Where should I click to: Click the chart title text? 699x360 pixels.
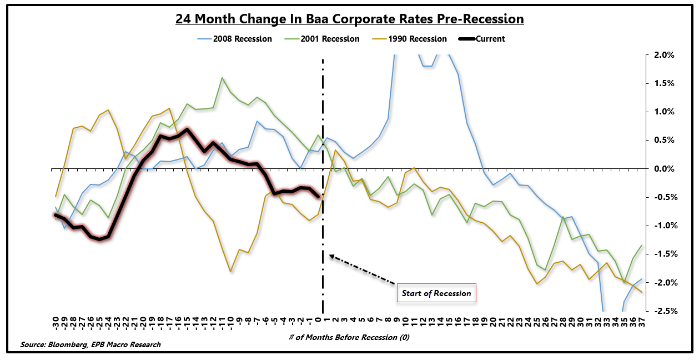pos(350,19)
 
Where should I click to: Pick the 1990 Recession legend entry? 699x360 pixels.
pos(417,39)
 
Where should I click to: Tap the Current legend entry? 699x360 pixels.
pos(484,39)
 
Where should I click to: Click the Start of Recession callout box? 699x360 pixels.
pos(436,293)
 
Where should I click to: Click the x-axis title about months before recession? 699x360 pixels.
pos(349,338)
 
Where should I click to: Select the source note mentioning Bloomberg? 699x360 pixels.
pos(90,344)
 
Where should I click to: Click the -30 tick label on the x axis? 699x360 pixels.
pos(56,322)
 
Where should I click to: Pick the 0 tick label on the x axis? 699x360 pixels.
pos(318,319)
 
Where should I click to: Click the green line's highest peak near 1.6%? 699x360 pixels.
pos(222,78)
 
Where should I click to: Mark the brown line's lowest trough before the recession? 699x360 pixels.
pos(230,272)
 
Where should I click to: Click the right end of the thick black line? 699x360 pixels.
pos(319,196)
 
